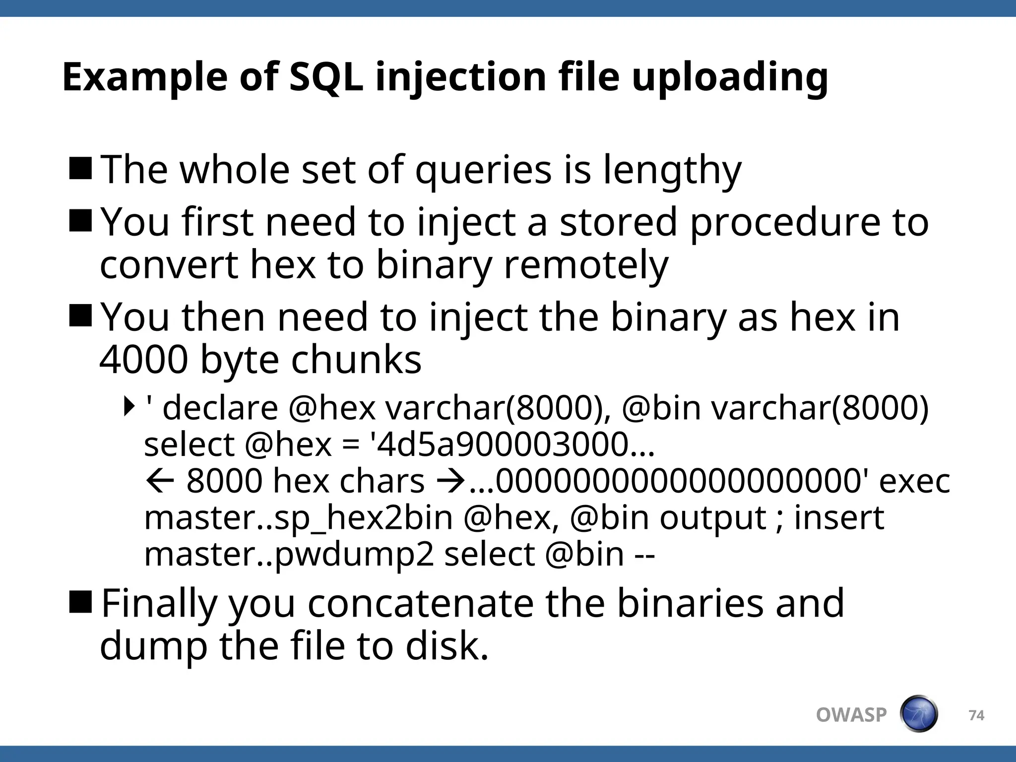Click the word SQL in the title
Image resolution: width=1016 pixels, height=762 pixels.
(326, 77)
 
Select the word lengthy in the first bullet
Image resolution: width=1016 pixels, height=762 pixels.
(672, 170)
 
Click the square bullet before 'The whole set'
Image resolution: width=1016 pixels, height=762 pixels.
(80, 168)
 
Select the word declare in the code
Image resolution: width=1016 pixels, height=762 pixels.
(220, 408)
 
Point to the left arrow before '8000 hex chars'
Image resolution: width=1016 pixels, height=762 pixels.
(160, 481)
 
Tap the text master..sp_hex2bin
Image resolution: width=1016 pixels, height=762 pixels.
(298, 517)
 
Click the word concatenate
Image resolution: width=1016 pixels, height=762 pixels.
(420, 603)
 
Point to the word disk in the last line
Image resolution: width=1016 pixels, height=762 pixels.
(446, 646)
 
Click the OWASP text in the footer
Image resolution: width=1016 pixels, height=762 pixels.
(851, 715)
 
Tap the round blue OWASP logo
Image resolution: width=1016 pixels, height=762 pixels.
(919, 714)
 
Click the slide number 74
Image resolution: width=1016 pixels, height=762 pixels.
(976, 715)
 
